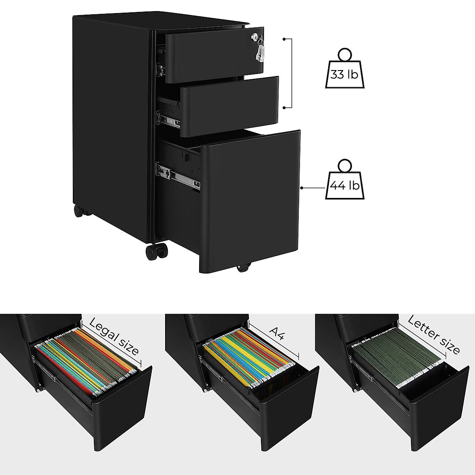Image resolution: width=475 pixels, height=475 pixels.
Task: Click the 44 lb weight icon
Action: [343, 182]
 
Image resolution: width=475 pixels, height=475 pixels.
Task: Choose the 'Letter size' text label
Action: [433, 334]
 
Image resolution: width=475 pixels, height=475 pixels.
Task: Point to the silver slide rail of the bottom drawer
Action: [178, 176]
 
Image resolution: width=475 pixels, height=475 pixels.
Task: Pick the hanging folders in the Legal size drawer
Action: [87, 362]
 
